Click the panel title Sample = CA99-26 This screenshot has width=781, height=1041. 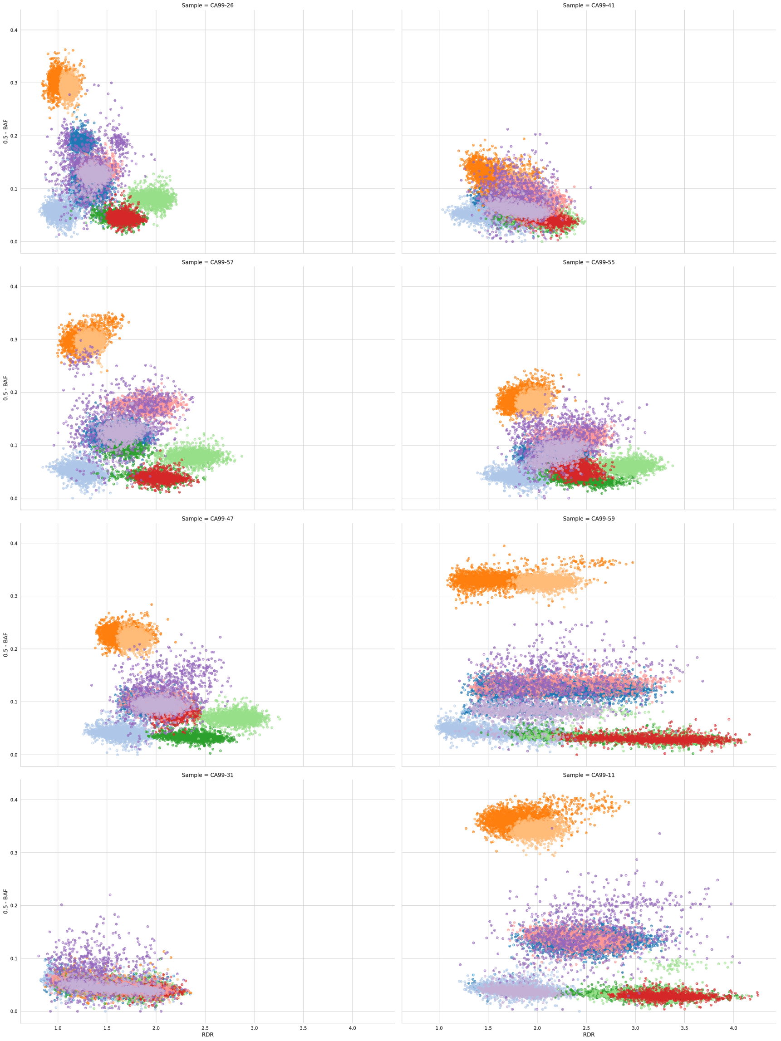[x=207, y=5]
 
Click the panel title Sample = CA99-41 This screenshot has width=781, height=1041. [x=589, y=5]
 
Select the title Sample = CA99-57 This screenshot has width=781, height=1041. [x=207, y=262]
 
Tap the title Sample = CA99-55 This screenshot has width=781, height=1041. [x=589, y=262]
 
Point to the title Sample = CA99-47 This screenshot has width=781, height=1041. [x=207, y=519]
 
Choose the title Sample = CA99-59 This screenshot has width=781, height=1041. [x=589, y=519]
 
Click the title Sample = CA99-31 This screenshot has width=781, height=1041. [x=207, y=775]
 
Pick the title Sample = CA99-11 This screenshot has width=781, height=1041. [x=589, y=775]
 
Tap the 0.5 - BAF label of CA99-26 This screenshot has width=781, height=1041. [x=5, y=131]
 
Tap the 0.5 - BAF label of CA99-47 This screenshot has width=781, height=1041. [x=5, y=645]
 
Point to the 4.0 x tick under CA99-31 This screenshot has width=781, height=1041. [x=352, y=1028]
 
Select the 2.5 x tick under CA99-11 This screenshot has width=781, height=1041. [x=586, y=1028]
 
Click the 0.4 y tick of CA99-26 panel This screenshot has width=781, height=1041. [x=14, y=30]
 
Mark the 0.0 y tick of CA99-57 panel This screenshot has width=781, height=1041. [x=14, y=498]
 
